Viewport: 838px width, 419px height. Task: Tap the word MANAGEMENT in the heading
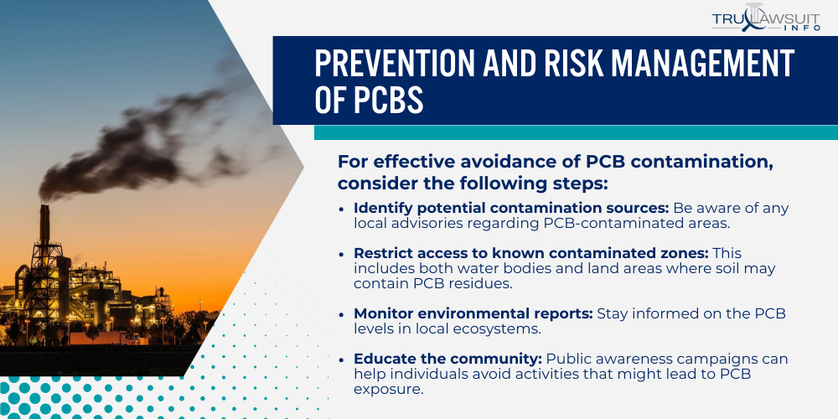pos(697,64)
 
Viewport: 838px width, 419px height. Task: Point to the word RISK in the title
pos(564,64)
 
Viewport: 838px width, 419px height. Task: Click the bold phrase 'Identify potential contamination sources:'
pos(511,209)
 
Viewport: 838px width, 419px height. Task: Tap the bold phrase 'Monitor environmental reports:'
pos(473,313)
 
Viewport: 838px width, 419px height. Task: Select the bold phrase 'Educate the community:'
pos(447,360)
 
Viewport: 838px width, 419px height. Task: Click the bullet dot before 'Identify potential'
pos(342,209)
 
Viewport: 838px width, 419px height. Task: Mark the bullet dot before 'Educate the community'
pos(342,360)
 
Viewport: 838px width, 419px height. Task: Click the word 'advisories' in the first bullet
pos(423,224)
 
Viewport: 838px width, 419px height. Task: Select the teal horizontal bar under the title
pos(576,132)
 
